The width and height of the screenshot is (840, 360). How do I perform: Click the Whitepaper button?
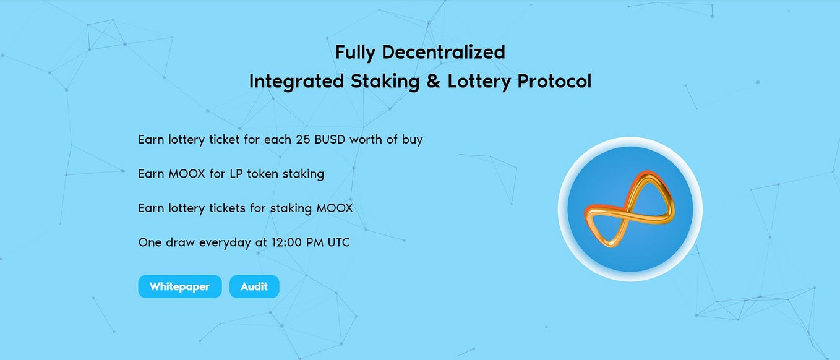pyautogui.click(x=179, y=286)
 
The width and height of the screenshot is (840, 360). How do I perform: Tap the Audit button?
pyautogui.click(x=254, y=286)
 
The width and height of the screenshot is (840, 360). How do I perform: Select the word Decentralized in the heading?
pyautogui.click(x=444, y=52)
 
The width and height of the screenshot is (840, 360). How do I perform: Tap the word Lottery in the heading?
pyautogui.click(x=477, y=81)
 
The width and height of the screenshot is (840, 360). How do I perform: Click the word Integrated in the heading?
pyautogui.click(x=296, y=81)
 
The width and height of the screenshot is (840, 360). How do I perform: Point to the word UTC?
pyautogui.click(x=338, y=242)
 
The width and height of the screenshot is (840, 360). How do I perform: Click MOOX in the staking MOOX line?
pyautogui.click(x=335, y=208)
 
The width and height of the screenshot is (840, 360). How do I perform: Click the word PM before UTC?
pyautogui.click(x=314, y=242)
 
